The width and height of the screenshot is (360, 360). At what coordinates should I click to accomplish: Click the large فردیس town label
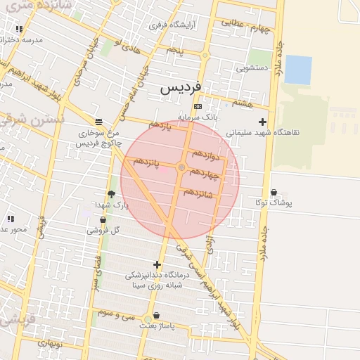pos(181,88)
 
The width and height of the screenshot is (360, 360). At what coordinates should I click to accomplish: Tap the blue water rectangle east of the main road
pos(298,69)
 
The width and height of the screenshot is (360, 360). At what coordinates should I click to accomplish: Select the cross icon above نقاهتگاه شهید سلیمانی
pos(262,122)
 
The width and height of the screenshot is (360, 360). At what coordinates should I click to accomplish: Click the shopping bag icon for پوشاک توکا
pos(274,192)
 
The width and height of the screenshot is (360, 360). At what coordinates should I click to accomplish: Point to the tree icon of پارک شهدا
pos(111,195)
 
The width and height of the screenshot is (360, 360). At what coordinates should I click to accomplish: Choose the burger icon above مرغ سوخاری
pos(98,121)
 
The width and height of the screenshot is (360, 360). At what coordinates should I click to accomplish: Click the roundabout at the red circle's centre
pos(181,167)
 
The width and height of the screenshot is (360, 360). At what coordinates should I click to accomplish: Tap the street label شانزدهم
pos(198,191)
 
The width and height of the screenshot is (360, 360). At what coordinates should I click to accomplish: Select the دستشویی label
pos(252,69)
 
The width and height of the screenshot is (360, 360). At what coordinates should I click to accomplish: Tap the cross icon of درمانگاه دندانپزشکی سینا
pos(157,264)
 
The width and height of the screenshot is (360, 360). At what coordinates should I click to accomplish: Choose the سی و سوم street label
pos(116,315)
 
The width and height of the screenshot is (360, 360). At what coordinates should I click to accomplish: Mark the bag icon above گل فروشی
pos(103,219)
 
